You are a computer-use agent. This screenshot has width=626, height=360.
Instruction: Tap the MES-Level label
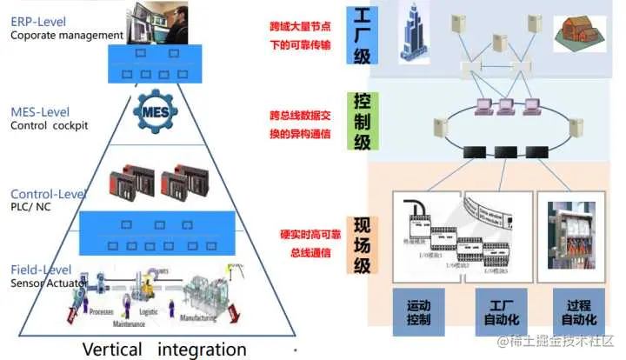[39, 112]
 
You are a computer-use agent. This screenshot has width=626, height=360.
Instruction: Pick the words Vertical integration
[164, 349]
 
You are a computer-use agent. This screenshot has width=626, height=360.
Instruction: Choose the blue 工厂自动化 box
[500, 312]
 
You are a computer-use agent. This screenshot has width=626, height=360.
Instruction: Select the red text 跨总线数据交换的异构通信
[300, 124]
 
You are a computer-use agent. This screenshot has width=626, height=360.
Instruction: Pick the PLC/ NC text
[32, 207]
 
